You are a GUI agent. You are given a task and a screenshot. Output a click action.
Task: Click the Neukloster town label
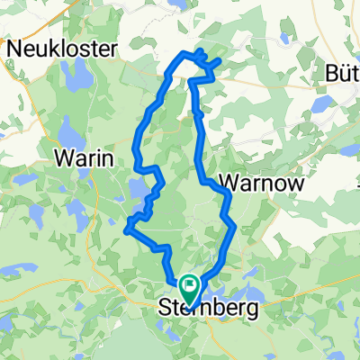click(64, 49)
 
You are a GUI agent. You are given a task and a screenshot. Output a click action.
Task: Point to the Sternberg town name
click(208, 310)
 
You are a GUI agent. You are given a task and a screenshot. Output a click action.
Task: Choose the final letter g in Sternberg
click(251, 311)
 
